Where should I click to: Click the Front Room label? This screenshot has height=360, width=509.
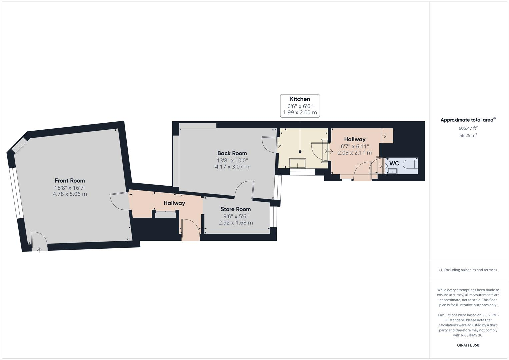[x=70, y=181]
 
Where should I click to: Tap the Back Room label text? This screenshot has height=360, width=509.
[x=232, y=153]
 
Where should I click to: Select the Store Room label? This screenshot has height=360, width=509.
[x=235, y=209]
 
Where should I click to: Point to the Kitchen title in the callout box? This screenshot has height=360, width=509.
[x=300, y=99]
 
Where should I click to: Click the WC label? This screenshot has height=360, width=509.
[x=394, y=164]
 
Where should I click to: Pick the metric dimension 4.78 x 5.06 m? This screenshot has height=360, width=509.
[x=70, y=194]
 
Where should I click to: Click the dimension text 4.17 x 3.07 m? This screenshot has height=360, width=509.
[x=232, y=167]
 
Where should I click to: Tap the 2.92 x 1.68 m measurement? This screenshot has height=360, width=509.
[x=235, y=223]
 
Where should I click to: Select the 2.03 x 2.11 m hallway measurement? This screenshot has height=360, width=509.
[x=355, y=153]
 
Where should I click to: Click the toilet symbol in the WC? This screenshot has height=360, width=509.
[x=410, y=164]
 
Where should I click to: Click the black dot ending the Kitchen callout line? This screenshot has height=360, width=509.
[x=300, y=152]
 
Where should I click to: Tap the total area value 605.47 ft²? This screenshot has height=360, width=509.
[x=468, y=128]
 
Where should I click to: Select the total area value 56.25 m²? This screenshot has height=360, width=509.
[x=468, y=135]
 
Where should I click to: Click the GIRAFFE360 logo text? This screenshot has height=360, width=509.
[x=468, y=345]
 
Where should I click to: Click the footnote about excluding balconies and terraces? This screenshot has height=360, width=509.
[x=468, y=270]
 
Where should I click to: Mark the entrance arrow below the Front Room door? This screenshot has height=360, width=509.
[x=40, y=250]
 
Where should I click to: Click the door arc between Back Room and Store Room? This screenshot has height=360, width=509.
[x=244, y=188]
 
